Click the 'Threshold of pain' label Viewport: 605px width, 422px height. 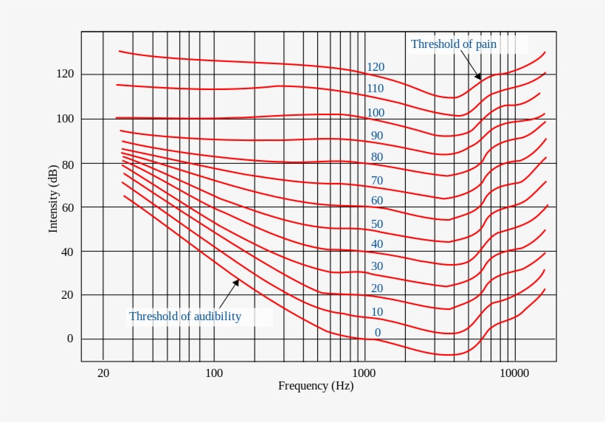tap(454, 44)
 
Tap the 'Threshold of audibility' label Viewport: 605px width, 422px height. tap(184, 316)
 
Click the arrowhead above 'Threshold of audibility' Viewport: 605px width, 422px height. tap(236, 281)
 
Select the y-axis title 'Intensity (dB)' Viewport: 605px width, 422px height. tap(53, 199)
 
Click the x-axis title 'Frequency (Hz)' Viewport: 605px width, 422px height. tap(315, 386)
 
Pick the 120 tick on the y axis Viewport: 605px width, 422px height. tap(65, 74)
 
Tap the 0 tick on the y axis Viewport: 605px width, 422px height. tap(70, 339)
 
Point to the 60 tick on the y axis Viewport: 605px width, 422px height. tap(67, 207)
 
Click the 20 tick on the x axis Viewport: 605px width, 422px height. tap(103, 373)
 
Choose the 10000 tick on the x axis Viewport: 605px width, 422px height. tap(514, 373)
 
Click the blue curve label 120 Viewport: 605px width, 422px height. tap(376, 67)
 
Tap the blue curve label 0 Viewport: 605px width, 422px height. tap(378, 333)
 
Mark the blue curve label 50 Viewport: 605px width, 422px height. tap(377, 224)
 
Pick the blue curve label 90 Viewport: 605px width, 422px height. tap(377, 136)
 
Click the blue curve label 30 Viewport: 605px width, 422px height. tap(377, 266)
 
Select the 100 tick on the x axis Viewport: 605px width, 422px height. tap(214, 373)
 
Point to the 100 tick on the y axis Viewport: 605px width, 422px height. tap(65, 119)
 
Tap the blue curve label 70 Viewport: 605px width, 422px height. tap(377, 180)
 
